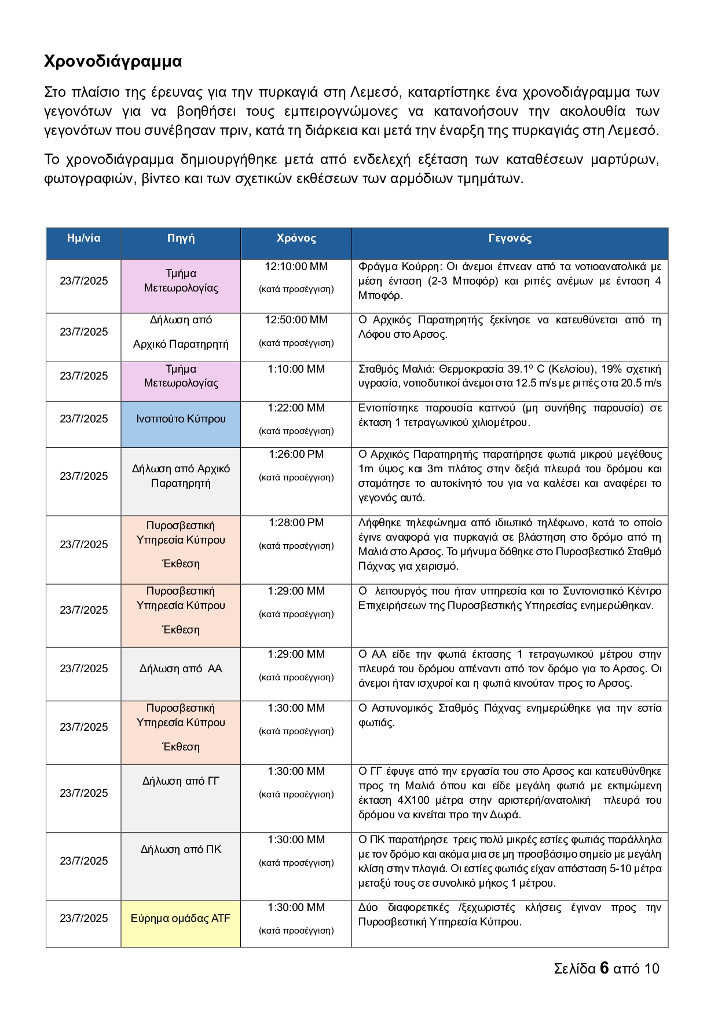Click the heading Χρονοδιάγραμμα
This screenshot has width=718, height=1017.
pos(113,61)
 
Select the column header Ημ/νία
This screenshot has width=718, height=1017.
pos(83,238)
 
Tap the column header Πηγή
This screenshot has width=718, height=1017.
pos(181,238)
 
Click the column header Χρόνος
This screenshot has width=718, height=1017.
pos(296,238)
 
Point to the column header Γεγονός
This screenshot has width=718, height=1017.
pos(510,238)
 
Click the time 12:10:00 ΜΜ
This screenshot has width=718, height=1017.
pos(296,267)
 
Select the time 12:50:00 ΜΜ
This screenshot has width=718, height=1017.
pos(296,320)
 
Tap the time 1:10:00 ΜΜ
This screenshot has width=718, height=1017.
pos(296,369)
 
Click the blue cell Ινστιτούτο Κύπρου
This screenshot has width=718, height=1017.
pos(181,419)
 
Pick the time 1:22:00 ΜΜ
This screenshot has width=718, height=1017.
pos(296,408)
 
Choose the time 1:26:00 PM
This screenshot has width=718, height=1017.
pos(296,454)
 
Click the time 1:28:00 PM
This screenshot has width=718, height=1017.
pos(296,523)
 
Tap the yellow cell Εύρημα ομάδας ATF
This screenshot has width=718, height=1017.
pos(181,918)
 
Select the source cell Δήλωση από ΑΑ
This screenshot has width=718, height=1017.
pos(181,669)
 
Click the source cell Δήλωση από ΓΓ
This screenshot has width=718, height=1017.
pos(181,781)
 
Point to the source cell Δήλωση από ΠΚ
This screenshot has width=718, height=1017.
pos(181,850)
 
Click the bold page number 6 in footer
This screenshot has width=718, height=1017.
pos(604,968)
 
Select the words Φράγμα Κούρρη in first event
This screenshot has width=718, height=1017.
pos(400,267)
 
